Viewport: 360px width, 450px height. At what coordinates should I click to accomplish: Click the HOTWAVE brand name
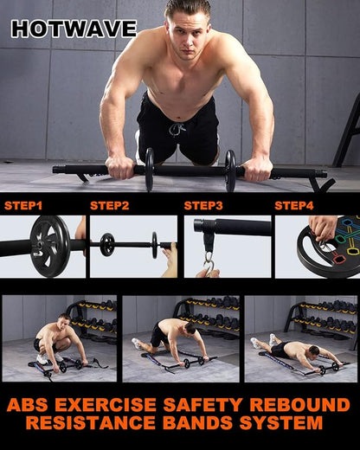74,29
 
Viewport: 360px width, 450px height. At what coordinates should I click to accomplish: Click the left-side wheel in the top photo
148,170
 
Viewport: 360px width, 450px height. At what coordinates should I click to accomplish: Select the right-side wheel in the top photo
230,170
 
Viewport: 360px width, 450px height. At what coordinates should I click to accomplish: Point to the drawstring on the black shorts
177,129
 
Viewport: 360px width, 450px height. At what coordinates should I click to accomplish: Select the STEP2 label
109,206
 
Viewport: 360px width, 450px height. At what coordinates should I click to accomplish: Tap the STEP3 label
203,206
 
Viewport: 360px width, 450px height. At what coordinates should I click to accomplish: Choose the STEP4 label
293,206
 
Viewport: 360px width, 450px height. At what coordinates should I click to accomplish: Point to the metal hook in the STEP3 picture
209,261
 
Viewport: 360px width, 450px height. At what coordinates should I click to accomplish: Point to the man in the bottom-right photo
294,349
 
